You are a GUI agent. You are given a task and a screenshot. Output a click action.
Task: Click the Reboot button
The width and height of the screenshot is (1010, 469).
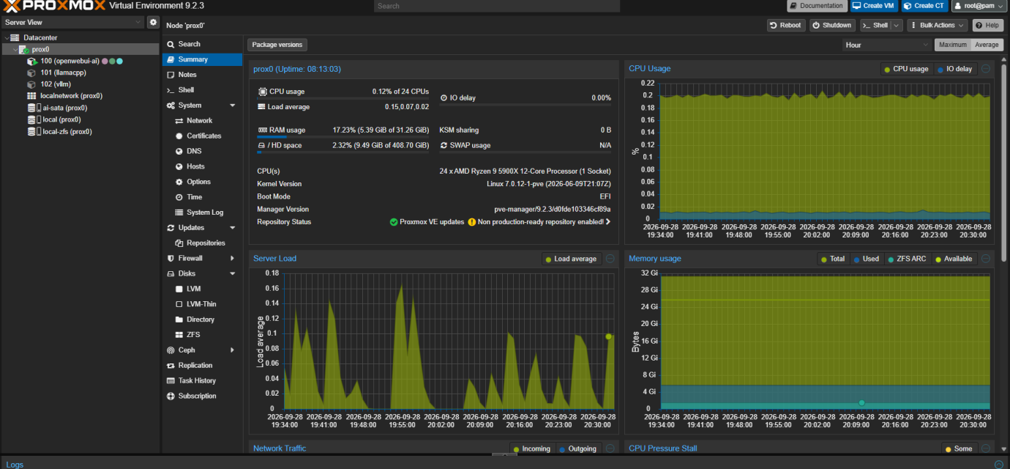pos(785,25)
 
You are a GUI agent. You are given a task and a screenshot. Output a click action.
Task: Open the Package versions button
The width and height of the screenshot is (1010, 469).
pos(277,45)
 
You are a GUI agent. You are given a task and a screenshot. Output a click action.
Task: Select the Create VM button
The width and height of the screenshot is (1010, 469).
pos(873,6)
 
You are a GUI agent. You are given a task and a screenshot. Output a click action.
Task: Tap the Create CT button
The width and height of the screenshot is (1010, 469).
pos(924,6)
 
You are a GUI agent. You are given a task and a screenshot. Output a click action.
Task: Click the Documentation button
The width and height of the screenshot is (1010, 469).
pos(817,6)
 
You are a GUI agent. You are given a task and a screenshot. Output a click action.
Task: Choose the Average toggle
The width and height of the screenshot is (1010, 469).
pos(987,45)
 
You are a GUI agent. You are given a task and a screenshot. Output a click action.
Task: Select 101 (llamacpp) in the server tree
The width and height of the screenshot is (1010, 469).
pos(63,73)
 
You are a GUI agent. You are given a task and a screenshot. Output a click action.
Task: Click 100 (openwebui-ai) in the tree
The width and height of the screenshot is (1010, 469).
pos(70,61)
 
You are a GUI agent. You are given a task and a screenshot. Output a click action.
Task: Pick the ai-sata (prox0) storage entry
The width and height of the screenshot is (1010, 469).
pos(64,108)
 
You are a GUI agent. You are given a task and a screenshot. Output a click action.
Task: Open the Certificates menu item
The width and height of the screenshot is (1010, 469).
pos(203,136)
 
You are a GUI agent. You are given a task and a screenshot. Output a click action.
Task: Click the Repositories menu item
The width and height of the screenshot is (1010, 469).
pos(206,243)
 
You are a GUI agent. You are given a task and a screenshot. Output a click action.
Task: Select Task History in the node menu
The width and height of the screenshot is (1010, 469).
pos(197,380)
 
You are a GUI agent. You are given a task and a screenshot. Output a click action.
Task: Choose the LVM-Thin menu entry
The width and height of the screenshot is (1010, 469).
pos(201,304)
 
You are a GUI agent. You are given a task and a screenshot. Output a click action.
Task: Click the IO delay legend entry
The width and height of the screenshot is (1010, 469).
pos(954,69)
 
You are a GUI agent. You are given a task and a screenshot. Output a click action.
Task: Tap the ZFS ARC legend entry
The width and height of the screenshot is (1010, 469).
pos(907,259)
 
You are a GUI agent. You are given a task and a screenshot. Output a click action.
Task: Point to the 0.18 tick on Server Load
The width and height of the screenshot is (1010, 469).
pos(272,273)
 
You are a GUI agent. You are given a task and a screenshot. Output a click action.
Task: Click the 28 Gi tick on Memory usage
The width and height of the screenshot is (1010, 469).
pos(649,289)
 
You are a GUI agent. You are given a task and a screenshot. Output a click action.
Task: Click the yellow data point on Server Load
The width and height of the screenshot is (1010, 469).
pos(609,336)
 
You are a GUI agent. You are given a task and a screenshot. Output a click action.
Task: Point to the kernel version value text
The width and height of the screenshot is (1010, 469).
pos(549,184)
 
